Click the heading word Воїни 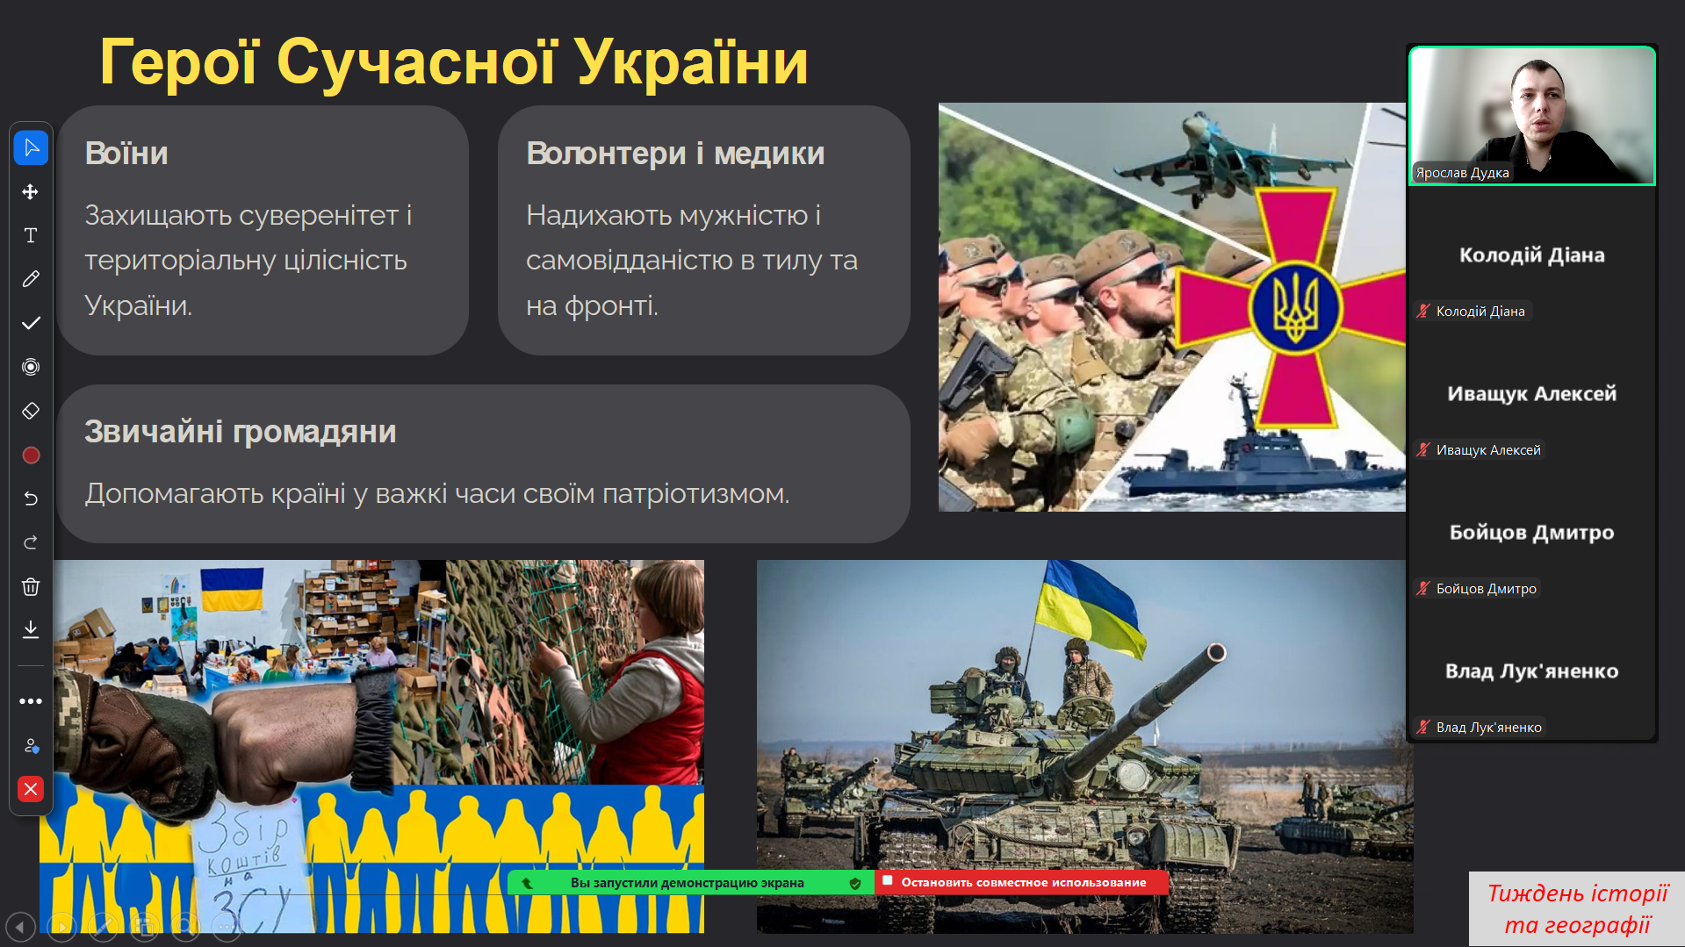click(126, 154)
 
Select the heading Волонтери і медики click(675, 154)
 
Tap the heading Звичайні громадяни click(241, 432)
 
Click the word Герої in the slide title click(179, 62)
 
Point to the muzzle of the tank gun click(1216, 652)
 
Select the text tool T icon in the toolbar click(31, 235)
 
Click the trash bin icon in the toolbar click(31, 586)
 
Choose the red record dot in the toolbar click(31, 455)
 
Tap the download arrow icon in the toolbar click(31, 629)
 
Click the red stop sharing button click(1022, 882)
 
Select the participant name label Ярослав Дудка click(1462, 173)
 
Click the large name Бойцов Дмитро click(1531, 533)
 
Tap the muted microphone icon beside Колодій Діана click(1423, 311)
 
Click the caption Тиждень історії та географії click(1577, 909)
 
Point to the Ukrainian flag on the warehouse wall click(232, 588)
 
